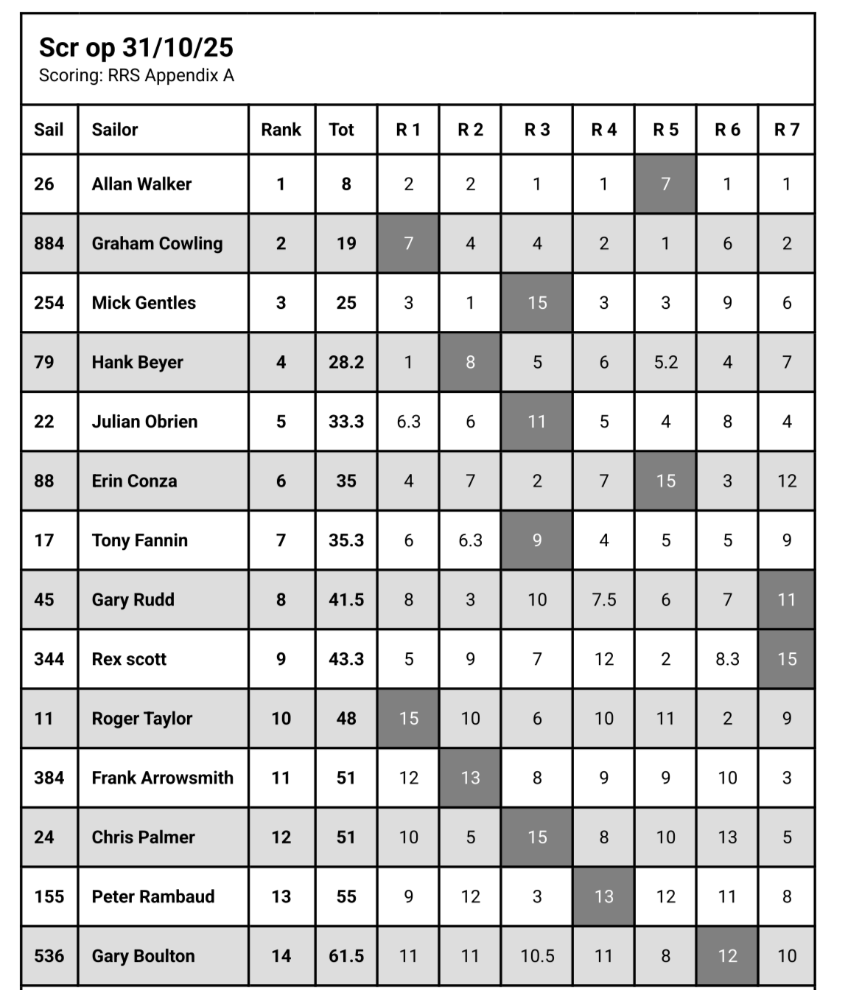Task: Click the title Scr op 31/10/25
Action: (x=136, y=47)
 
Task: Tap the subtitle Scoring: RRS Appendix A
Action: (x=136, y=75)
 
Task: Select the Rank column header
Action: (x=281, y=130)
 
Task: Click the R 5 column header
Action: (x=665, y=130)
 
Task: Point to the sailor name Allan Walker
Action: (x=141, y=184)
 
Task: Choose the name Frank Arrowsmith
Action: (x=162, y=778)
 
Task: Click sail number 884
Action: (x=49, y=243)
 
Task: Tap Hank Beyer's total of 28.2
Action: (x=346, y=362)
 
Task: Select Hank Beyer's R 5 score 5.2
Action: (x=665, y=362)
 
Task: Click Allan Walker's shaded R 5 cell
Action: (x=665, y=184)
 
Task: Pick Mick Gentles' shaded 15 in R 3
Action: (x=537, y=303)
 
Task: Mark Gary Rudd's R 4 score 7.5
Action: (x=603, y=599)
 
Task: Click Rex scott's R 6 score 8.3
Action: (x=727, y=659)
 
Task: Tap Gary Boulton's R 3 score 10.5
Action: (x=537, y=956)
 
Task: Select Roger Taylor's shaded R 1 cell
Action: (x=408, y=719)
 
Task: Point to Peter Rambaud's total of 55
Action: (x=346, y=896)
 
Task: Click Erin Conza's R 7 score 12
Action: (x=787, y=481)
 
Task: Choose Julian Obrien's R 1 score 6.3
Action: (x=408, y=422)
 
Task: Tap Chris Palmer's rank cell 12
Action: (x=281, y=837)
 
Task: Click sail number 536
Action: (x=49, y=956)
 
